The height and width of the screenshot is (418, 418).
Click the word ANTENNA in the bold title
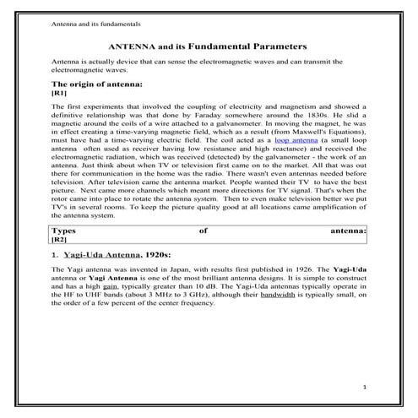tap(137, 46)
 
